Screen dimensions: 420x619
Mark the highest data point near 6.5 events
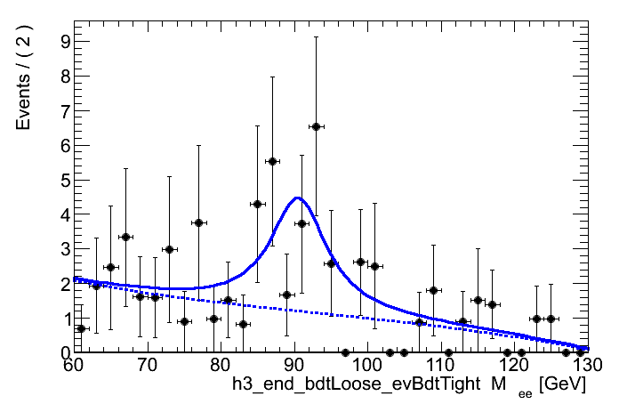click(316, 127)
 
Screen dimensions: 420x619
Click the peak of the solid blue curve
click(297, 198)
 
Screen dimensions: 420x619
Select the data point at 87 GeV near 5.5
click(272, 161)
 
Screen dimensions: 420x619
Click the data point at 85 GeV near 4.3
click(257, 204)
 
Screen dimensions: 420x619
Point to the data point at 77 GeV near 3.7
click(198, 222)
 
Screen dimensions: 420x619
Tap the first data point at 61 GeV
click(81, 328)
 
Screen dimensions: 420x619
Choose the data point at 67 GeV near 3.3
click(125, 237)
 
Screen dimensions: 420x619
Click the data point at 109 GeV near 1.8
click(433, 290)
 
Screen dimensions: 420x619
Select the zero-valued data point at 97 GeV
click(345, 352)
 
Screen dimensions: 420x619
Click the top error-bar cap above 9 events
click(316, 36)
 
